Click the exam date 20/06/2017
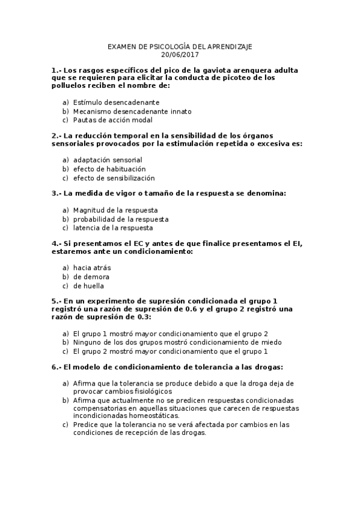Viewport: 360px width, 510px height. click(180, 55)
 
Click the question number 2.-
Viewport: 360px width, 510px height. click(56, 136)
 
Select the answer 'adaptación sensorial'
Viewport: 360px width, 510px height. click(108, 161)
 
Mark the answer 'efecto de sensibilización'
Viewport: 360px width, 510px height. click(114, 178)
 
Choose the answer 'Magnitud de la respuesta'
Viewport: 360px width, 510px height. click(115, 210)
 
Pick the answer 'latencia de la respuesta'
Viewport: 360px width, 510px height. click(113, 228)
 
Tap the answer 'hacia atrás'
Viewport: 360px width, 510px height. click(92, 268)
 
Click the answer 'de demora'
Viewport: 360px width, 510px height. click(91, 277)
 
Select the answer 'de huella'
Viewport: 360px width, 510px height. click(89, 286)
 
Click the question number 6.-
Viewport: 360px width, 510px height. click(56, 366)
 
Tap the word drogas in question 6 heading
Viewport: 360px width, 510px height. click(267, 366)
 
